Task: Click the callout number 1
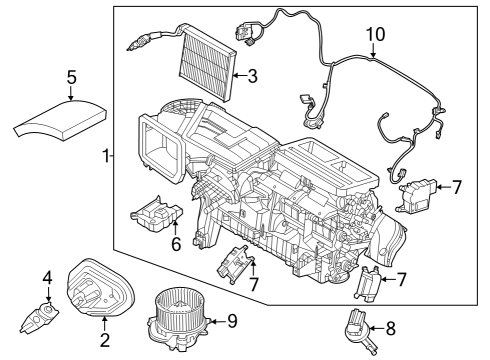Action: (106, 156)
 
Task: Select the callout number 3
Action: (252, 74)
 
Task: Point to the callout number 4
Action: (46, 277)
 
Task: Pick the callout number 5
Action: (71, 76)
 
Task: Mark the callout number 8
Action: (389, 326)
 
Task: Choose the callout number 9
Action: (231, 320)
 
